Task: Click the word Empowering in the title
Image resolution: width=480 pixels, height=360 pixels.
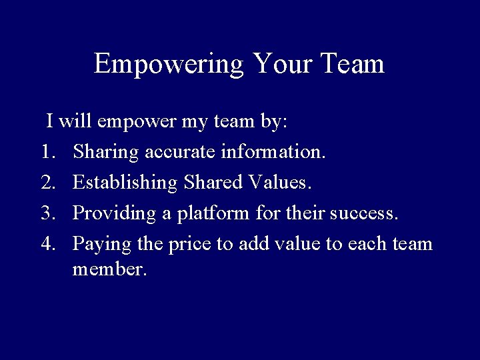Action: pos(169,64)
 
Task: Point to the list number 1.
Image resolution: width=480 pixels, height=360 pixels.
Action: pos(48,153)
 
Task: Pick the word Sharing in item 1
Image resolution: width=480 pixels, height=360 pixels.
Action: pos(106,153)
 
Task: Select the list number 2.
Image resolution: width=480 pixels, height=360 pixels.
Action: pos(49,183)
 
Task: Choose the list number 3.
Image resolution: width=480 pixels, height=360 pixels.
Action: pos(49,213)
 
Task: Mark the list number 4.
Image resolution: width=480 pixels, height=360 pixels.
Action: pos(49,243)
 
